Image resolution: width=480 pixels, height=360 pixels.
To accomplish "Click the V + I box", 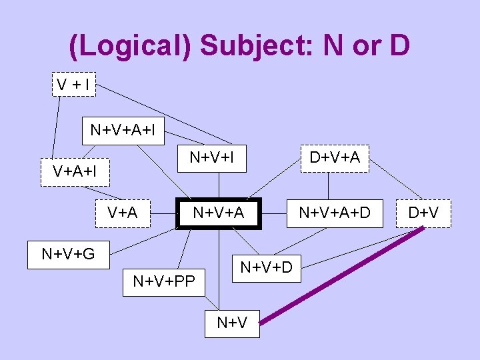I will point(73,85).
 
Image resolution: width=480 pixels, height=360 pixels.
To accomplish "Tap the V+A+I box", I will point(75,172).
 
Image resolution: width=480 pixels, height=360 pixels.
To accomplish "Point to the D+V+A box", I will point(334,158).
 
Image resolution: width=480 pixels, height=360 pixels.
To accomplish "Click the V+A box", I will point(123,213).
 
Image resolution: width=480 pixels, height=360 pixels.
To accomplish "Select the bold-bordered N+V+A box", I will point(218,213).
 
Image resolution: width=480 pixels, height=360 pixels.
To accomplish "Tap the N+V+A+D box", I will point(334,213).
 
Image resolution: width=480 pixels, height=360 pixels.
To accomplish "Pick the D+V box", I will point(423,213).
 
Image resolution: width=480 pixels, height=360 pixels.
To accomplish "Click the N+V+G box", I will point(68,254).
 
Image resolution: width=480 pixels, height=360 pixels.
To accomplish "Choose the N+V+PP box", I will point(164,281).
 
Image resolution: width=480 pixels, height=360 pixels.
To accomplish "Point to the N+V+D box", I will point(266,267).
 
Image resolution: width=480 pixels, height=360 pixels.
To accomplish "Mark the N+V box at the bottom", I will point(232,323).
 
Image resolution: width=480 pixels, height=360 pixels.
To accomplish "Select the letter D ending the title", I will point(399,46).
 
